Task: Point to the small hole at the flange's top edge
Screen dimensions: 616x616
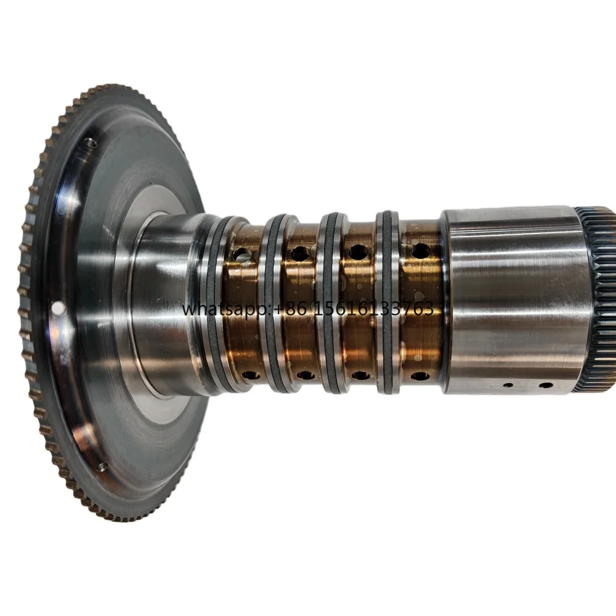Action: pyautogui.click(x=92, y=143)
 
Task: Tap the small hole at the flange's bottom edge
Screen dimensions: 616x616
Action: pyautogui.click(x=102, y=467)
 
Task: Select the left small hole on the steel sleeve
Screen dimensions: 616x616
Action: pyautogui.click(x=509, y=385)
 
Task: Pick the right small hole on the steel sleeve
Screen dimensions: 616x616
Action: pyautogui.click(x=546, y=385)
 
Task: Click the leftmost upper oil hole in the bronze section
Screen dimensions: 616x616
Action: pyautogui.click(x=242, y=256)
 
